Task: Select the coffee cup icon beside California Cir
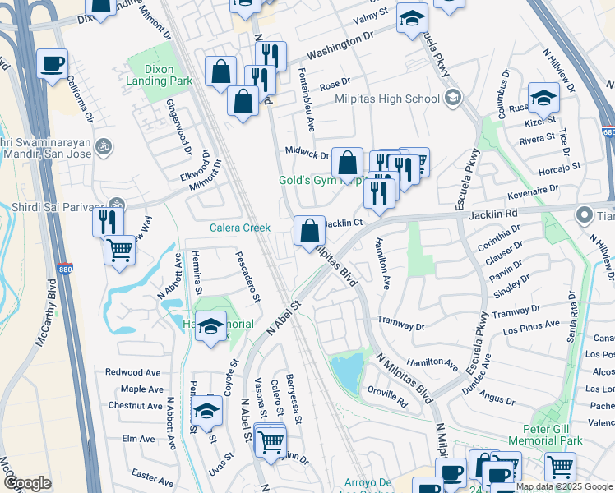[x=52, y=65]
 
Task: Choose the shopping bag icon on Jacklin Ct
[x=309, y=231]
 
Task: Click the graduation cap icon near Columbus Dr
[x=543, y=99]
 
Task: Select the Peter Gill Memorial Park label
[x=544, y=435]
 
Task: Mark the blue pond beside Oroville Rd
[x=347, y=374]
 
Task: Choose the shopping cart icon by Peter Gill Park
[x=559, y=467]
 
